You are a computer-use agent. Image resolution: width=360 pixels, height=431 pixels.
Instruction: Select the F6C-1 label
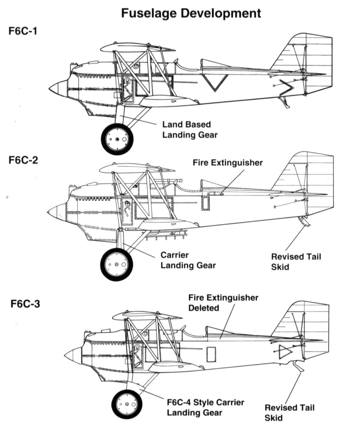(x=23, y=31)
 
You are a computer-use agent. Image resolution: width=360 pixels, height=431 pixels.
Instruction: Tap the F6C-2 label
(x=23, y=160)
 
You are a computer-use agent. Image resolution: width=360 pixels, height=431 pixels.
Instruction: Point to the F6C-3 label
(x=25, y=304)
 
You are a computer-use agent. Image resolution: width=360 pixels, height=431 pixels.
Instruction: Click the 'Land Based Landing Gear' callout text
(x=190, y=130)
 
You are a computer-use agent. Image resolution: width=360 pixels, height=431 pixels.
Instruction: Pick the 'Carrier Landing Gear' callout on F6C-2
(x=188, y=260)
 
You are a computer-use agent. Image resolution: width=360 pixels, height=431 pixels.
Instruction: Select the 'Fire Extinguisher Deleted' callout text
(x=223, y=303)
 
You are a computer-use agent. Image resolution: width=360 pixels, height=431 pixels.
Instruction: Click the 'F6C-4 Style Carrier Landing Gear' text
(x=205, y=408)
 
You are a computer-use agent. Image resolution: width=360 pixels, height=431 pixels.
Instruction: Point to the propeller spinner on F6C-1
(x=58, y=88)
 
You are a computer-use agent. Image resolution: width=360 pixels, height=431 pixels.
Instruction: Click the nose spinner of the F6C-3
(x=73, y=355)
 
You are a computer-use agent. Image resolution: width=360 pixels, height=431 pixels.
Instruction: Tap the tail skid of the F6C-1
(x=284, y=102)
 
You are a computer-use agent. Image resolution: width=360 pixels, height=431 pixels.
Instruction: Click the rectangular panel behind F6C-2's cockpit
(x=205, y=203)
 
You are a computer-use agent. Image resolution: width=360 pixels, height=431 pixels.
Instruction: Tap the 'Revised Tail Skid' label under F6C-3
(x=289, y=413)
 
